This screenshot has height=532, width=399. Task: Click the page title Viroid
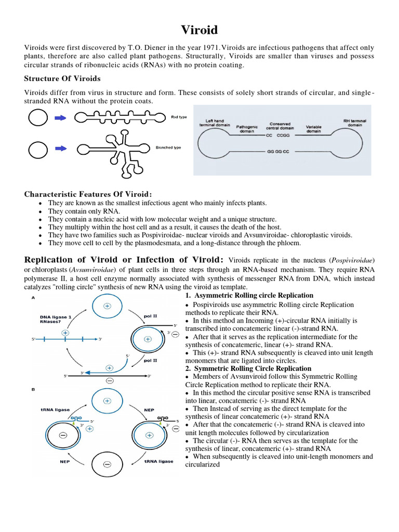[199, 30]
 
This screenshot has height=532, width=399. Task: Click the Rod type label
[179, 117]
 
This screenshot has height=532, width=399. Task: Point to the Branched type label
[168, 148]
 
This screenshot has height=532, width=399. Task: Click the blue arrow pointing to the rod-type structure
[61, 118]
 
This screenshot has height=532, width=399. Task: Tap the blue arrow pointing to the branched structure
[61, 149]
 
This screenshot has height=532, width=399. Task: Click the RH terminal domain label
[355, 123]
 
